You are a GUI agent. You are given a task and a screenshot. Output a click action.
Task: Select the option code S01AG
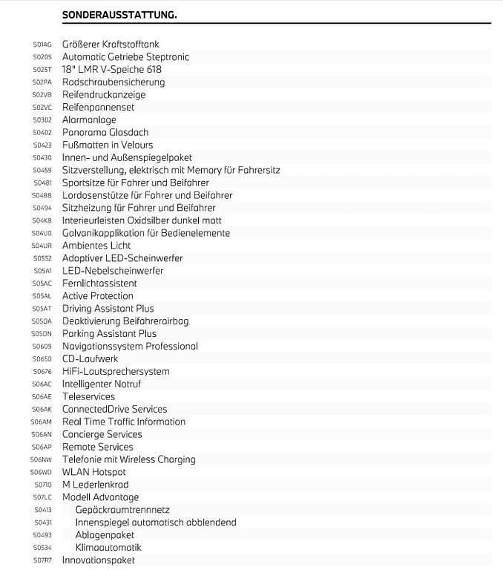click(x=42, y=45)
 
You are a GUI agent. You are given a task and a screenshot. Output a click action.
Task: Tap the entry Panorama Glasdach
click(x=105, y=133)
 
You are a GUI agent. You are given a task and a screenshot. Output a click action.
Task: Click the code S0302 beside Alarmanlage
click(x=42, y=120)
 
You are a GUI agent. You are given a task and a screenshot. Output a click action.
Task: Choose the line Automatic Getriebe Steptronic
click(x=125, y=57)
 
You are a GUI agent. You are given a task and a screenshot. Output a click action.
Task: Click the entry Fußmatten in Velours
click(x=108, y=145)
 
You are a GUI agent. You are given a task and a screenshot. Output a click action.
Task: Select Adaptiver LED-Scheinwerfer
click(x=122, y=258)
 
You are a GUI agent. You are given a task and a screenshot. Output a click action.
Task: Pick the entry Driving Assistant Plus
click(x=108, y=309)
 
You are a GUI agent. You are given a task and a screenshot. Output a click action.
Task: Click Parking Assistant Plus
click(x=109, y=334)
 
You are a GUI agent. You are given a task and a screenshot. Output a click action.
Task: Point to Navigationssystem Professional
click(x=130, y=347)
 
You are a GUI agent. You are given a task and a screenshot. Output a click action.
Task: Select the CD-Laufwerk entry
click(x=91, y=359)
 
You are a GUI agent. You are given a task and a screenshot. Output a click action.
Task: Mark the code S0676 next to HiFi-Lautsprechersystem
click(x=42, y=372)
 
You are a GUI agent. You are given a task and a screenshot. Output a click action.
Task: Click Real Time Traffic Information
click(x=124, y=422)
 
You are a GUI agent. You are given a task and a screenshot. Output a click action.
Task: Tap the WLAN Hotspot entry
click(x=94, y=472)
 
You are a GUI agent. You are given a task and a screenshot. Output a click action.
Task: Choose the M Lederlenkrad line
click(x=95, y=485)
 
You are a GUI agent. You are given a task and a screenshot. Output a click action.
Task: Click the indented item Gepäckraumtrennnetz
click(x=122, y=510)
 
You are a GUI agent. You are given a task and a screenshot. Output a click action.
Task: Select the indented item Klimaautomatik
click(x=108, y=548)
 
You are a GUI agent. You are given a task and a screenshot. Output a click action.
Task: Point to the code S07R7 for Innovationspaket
click(x=42, y=560)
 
